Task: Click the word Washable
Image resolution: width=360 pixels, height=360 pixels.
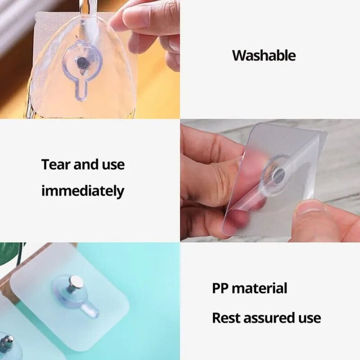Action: [x=264, y=56]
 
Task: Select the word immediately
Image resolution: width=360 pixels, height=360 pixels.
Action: [x=82, y=191]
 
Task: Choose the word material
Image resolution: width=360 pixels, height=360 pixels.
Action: [x=260, y=288]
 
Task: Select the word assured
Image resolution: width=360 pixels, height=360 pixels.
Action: [x=266, y=318]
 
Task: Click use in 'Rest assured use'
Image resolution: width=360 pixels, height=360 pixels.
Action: [x=309, y=318]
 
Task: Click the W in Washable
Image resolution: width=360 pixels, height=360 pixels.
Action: [x=238, y=56]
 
